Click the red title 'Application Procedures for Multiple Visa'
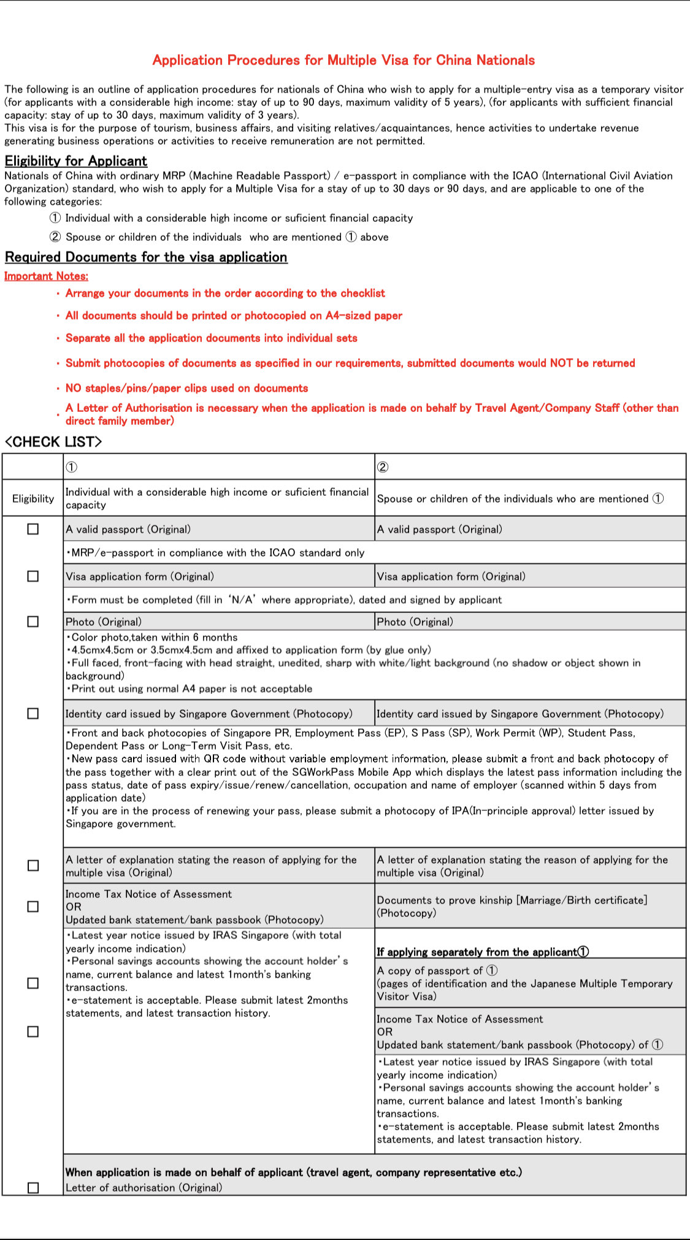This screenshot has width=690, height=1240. pos(343,60)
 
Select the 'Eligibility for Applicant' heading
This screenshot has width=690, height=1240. pos(76,161)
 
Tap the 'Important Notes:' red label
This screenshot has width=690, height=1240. pos(46,276)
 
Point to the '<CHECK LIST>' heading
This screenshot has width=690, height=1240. pos(53,442)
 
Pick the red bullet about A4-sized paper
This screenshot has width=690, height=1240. pos(234,316)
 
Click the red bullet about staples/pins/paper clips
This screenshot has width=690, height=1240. pos(186,389)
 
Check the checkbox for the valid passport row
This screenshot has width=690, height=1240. pos(33,529)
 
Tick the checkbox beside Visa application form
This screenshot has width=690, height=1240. pos(33,576)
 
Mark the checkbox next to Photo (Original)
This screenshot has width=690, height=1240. pos(33,622)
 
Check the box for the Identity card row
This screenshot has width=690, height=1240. pos(33,713)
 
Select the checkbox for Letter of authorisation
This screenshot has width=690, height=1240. pos(33,1187)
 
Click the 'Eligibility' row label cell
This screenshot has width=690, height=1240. pos(33,499)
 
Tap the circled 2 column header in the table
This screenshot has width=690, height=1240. pos(383,467)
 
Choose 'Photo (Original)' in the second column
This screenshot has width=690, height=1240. pos(415,622)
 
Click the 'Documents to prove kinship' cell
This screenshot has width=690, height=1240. pos(512,907)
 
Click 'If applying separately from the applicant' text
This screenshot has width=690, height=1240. pos(483,952)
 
